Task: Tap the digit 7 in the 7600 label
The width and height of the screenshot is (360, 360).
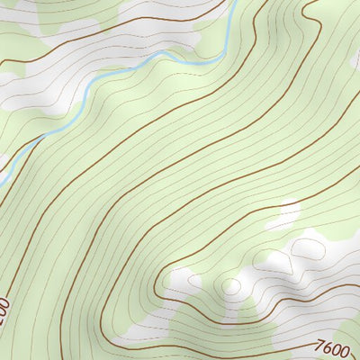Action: click(x=320, y=343)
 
